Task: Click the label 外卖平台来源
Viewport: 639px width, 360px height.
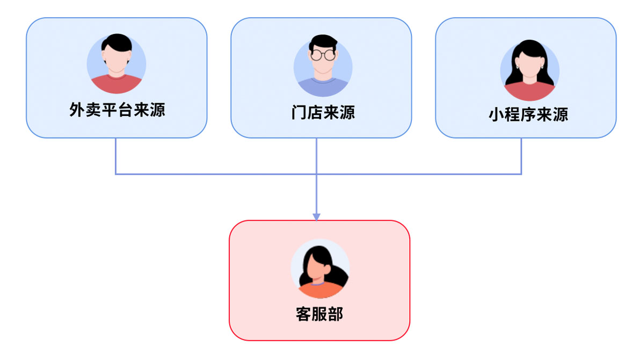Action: tap(117, 110)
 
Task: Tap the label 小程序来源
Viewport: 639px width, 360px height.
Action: tap(528, 114)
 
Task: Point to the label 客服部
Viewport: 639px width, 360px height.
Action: tap(319, 314)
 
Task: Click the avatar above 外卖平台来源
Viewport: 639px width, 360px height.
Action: tap(116, 64)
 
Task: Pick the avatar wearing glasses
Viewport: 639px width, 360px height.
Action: tap(323, 66)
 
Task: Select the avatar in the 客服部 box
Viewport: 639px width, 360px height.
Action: tap(320, 268)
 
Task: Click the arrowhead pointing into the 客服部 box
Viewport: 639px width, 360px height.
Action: tap(316, 217)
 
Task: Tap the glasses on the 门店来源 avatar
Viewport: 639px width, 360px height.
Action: tap(323, 54)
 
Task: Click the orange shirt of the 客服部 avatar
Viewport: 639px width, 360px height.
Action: tap(320, 291)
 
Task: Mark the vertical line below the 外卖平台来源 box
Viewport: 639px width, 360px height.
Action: tap(116, 156)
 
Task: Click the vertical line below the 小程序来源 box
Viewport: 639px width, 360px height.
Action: tap(521, 156)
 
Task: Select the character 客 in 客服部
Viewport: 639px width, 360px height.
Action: tap(303, 314)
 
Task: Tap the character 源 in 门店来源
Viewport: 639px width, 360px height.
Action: tap(347, 112)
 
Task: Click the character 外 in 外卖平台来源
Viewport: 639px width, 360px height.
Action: tap(77, 110)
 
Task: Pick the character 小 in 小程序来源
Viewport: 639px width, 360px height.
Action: tap(496, 114)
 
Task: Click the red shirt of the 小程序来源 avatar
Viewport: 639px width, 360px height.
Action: tap(529, 92)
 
